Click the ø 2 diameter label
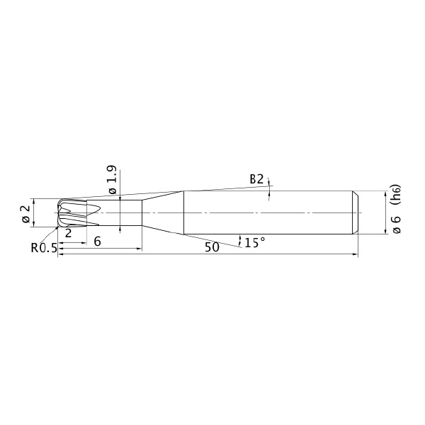click(26, 214)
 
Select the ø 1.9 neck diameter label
click(112, 179)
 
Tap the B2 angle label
click(256, 179)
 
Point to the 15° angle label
click(255, 242)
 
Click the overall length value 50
click(212, 247)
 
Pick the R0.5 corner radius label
click(44, 248)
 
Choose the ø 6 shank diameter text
click(396, 225)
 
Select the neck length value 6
click(97, 242)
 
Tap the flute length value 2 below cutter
click(68, 233)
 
